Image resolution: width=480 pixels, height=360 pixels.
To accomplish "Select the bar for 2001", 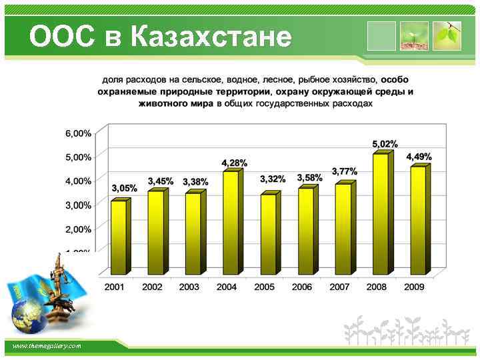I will [119, 237].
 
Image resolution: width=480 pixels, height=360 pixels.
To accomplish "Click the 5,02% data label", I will [385, 143].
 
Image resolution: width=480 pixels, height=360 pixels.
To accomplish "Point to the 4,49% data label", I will [419, 157].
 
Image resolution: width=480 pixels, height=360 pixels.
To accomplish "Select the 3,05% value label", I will [124, 188].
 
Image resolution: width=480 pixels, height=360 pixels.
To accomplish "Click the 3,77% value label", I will [344, 171].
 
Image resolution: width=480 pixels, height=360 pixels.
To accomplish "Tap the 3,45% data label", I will [161, 181].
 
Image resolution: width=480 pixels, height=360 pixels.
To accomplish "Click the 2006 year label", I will [302, 287].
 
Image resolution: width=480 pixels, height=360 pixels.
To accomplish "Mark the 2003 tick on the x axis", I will [189, 287].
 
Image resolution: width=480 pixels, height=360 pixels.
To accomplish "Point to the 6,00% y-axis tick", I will [78, 133].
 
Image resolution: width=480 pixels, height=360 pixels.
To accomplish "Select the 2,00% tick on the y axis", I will [78, 229].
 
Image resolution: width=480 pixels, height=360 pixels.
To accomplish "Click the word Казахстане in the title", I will [211, 37].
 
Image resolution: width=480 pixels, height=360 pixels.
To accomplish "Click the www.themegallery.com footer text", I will [47, 346].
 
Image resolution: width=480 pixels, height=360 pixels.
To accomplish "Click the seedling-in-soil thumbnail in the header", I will [414, 36].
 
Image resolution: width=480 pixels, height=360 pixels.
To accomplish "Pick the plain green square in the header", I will [382, 36].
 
